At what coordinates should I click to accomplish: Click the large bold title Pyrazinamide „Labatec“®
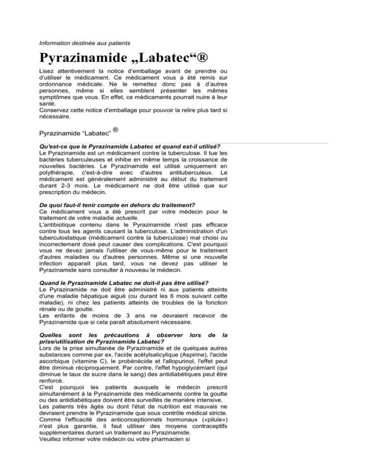point(128,60)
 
